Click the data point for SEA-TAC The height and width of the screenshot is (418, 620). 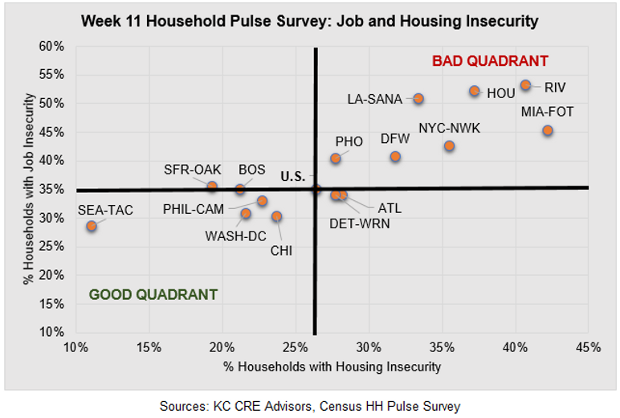click(92, 226)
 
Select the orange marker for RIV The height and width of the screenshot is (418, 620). click(525, 85)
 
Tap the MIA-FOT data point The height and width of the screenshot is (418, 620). click(548, 130)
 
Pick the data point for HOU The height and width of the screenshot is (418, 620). click(475, 92)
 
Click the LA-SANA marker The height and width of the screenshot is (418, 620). click(418, 99)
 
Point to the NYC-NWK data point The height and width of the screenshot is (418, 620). click(449, 146)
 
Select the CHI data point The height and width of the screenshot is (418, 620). click(276, 216)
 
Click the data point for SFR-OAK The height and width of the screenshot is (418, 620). click(212, 186)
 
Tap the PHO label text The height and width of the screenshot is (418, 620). click(349, 141)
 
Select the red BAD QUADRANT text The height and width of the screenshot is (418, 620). click(490, 61)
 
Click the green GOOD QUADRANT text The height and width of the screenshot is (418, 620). click(153, 294)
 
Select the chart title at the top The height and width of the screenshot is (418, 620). click(309, 19)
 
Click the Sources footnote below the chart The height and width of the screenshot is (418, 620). click(310, 407)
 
